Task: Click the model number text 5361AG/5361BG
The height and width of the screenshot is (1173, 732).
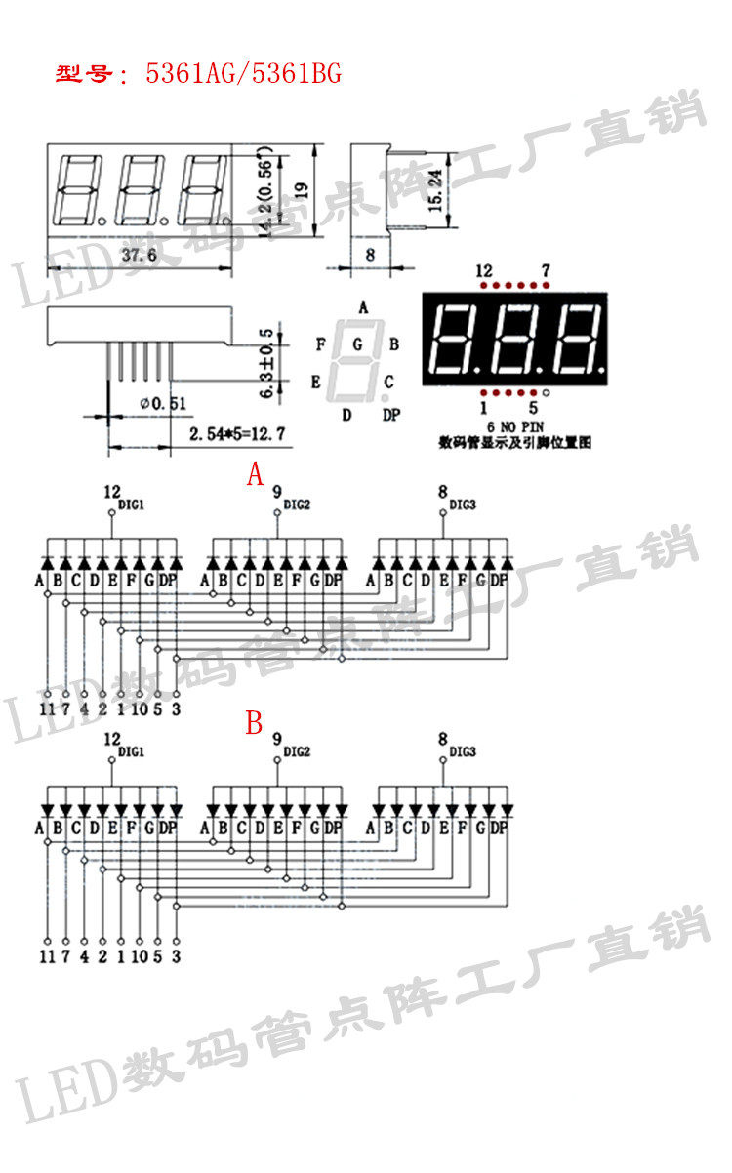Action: (x=243, y=74)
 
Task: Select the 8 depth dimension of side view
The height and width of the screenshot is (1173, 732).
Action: (x=369, y=255)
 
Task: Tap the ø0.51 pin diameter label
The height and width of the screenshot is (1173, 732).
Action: (x=162, y=403)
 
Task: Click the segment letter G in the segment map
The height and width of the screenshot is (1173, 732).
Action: (x=357, y=344)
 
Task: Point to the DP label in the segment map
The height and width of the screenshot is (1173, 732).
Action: (x=390, y=416)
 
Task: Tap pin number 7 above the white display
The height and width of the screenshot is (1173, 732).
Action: (x=546, y=270)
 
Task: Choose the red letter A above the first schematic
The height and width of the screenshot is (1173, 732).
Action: (x=255, y=475)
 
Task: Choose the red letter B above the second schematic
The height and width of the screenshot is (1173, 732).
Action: (x=255, y=723)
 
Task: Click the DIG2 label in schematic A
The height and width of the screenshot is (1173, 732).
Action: (x=297, y=505)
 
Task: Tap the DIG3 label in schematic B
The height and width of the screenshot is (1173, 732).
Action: (x=463, y=752)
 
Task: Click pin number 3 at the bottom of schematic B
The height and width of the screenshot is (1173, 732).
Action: (x=176, y=956)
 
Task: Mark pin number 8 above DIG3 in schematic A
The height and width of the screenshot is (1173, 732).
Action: (x=443, y=492)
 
